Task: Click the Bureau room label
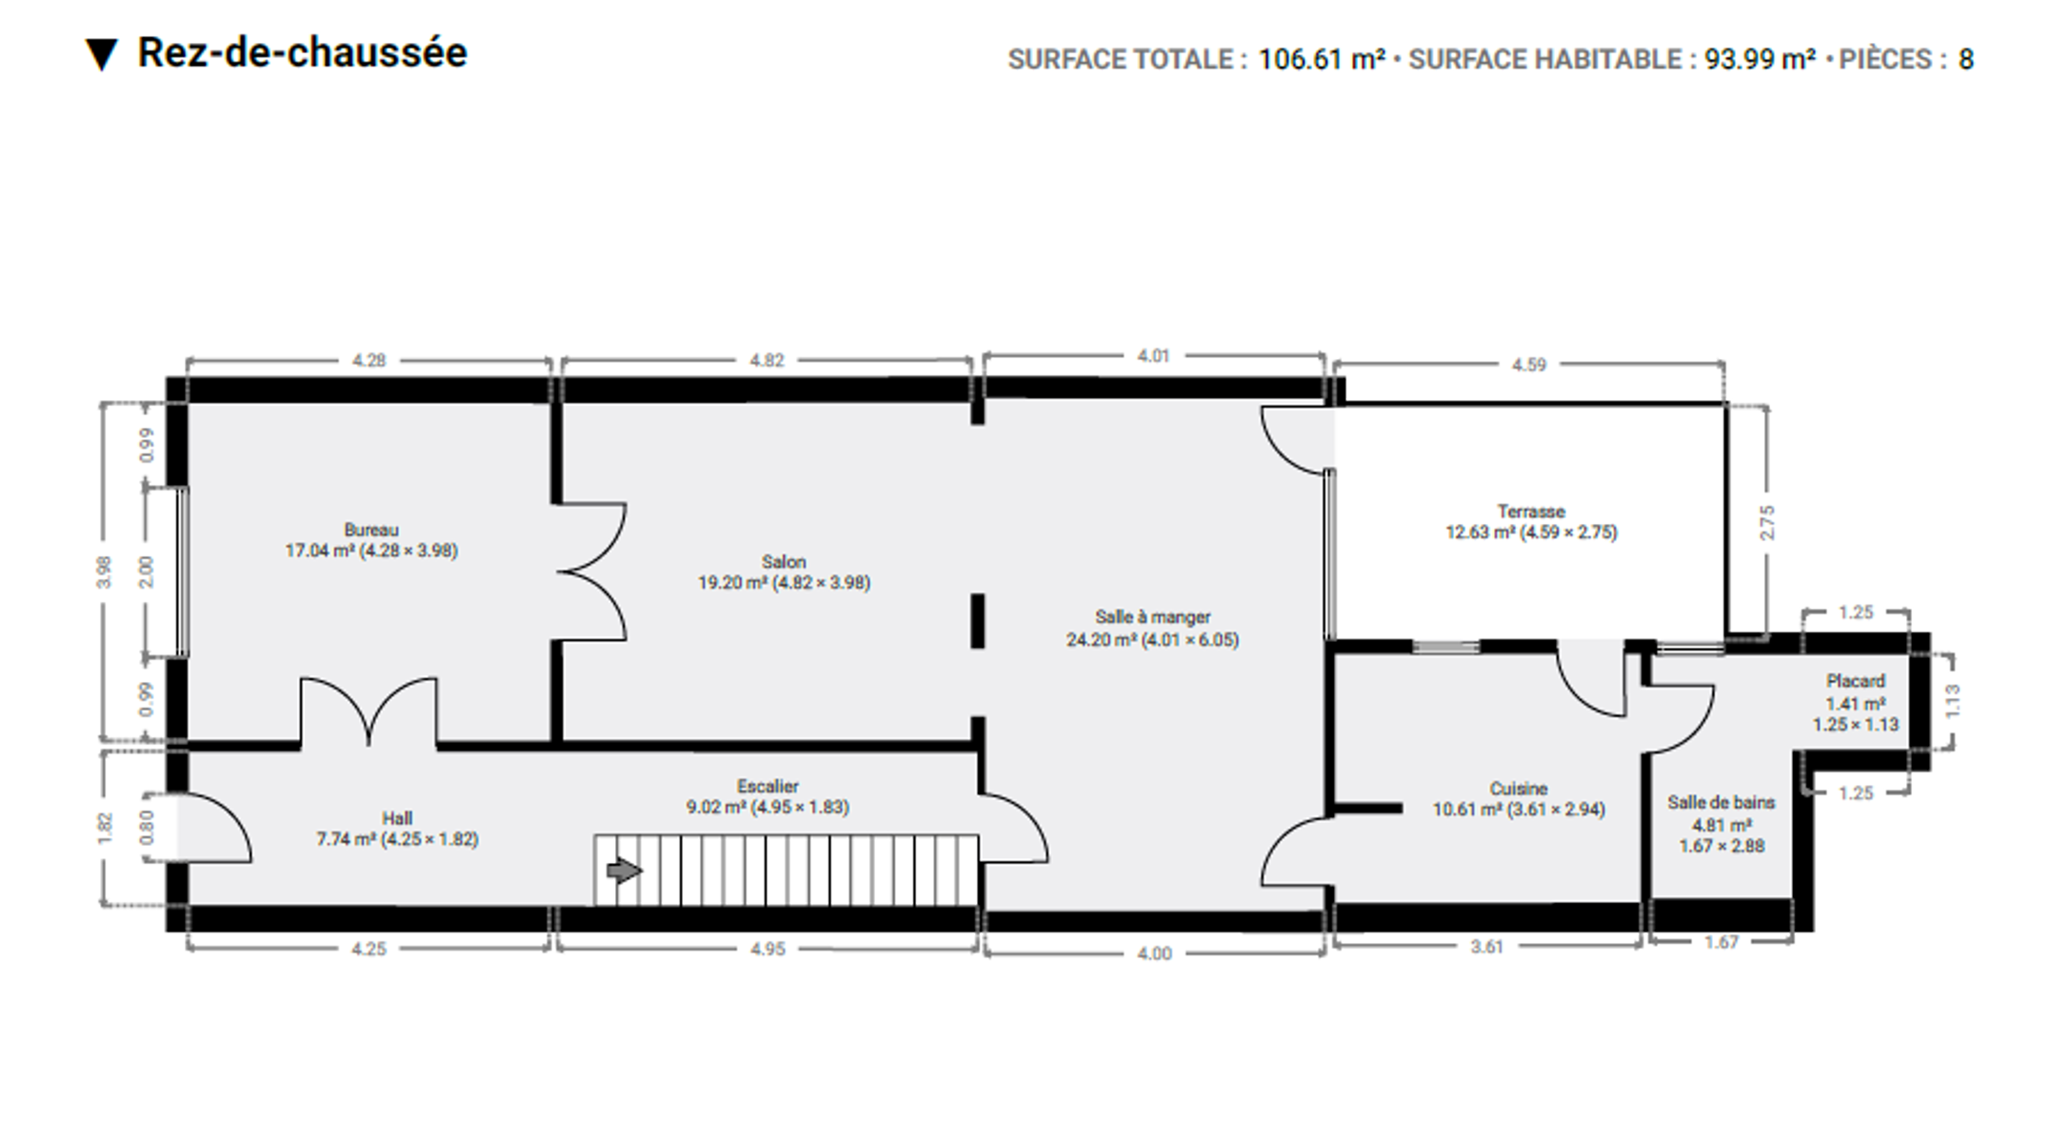tap(371, 530)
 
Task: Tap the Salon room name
tap(784, 562)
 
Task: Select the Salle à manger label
tap(1152, 617)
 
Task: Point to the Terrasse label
tap(1531, 511)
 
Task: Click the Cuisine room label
tap(1519, 789)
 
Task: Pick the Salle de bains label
tap(1722, 802)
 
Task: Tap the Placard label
tap(1856, 681)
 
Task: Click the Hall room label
tap(397, 818)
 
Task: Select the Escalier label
tap(767, 786)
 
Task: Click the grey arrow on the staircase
tap(624, 870)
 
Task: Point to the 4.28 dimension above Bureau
tap(368, 360)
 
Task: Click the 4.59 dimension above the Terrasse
tap(1529, 364)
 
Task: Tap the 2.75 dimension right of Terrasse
tap(1767, 523)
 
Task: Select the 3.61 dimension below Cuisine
tap(1486, 946)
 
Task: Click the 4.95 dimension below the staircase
tap(767, 949)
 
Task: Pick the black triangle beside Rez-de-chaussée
tap(101, 54)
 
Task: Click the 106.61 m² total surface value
tap(1322, 59)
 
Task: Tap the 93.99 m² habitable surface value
tap(1760, 59)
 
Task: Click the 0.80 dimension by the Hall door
tap(146, 827)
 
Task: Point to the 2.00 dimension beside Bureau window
tap(146, 571)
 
